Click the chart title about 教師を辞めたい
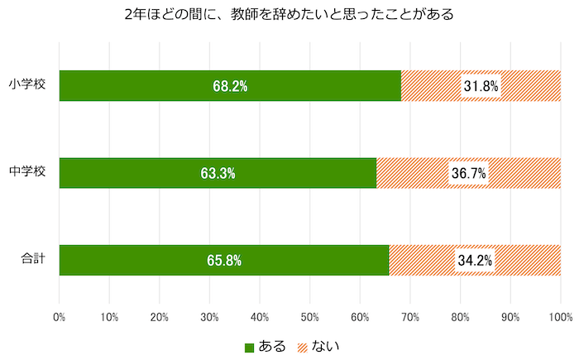289,14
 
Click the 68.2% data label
230,86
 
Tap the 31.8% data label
481,86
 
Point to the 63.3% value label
218,173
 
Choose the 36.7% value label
468,173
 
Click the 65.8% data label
223,261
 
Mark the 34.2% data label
475,261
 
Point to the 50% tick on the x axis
309,316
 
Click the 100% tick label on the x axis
560,316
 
